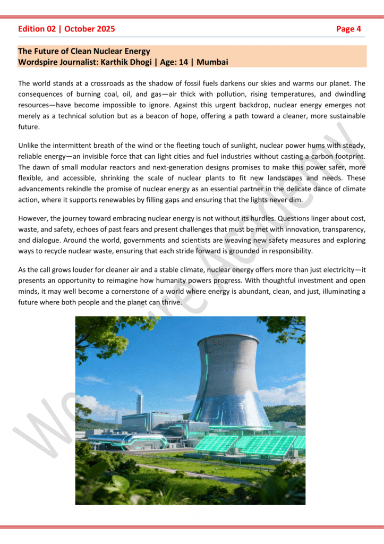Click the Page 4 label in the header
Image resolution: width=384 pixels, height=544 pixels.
pos(348,29)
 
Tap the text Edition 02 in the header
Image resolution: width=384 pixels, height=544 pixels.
pos(37,29)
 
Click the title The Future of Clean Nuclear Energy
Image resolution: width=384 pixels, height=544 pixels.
pos(84,52)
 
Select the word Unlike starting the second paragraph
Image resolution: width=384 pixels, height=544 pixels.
pos(28,145)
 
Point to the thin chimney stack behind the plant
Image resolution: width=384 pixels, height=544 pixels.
pos(140,404)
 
